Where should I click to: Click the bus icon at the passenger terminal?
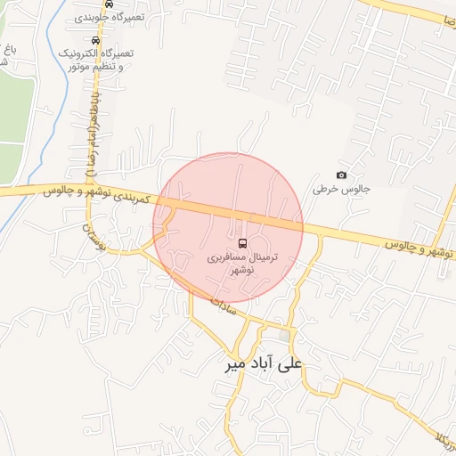coord(243,243)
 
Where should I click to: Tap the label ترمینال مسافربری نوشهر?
coord(243,262)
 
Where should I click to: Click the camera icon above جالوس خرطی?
coord(341,175)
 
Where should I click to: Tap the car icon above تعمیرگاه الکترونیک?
coord(95,40)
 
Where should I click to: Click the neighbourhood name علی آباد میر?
coord(265,364)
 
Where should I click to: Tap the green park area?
coord(11,116)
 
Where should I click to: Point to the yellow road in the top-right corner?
coord(419,12)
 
